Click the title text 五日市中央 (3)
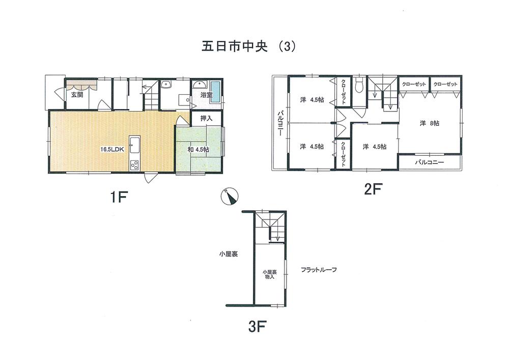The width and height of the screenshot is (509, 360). click(245, 46)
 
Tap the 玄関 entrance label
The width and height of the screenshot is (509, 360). click(77, 95)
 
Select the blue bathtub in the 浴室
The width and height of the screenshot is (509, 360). click(215, 92)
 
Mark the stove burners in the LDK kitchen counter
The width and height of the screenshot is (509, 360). click(135, 164)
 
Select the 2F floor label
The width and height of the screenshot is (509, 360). click(373, 189)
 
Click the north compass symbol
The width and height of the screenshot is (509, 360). click(229, 196)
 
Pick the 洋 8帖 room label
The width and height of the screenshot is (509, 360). click(430, 123)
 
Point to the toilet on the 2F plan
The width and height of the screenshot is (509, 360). click(360, 85)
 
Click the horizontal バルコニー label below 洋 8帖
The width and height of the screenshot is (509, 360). click(429, 162)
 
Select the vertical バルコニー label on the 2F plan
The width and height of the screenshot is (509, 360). click(280, 123)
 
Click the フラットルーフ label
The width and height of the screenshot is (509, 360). click(319, 269)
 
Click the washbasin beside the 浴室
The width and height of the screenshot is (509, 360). click(167, 86)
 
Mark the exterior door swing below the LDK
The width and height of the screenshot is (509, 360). click(149, 178)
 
